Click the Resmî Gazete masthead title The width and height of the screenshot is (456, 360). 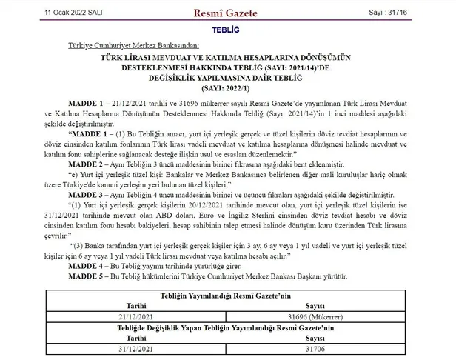228,13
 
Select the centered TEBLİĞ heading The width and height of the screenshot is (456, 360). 227,34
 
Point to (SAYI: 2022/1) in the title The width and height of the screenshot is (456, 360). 228,85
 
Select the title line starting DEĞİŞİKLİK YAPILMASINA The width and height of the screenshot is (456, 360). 228,76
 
